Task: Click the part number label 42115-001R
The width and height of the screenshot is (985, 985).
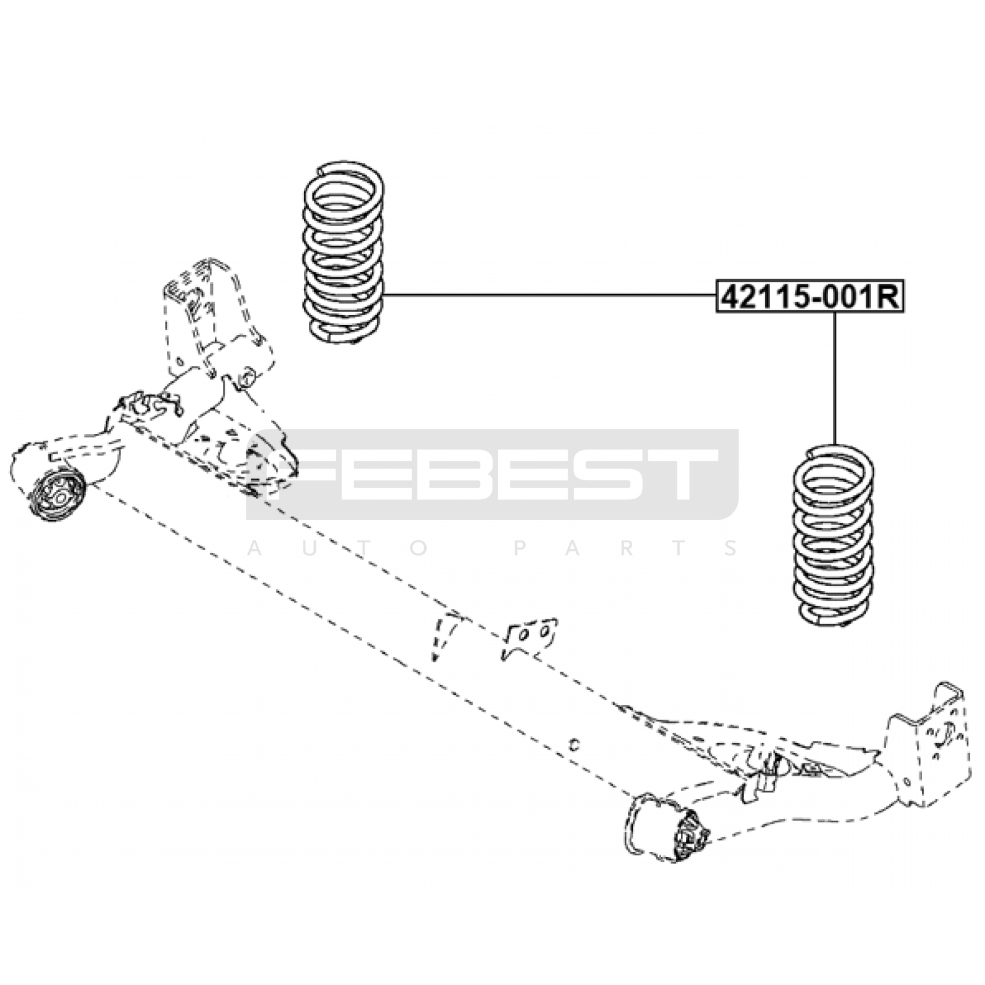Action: click(x=810, y=297)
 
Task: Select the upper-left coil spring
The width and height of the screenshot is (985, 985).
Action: click(x=344, y=252)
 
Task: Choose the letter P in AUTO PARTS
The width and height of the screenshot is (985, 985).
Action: click(x=520, y=548)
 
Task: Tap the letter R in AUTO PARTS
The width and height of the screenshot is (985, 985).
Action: click(x=629, y=548)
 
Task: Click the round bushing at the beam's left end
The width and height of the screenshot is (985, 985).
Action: click(x=57, y=496)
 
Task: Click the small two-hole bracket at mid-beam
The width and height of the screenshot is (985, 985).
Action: click(x=530, y=637)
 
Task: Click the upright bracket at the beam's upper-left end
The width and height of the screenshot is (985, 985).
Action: click(x=215, y=320)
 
